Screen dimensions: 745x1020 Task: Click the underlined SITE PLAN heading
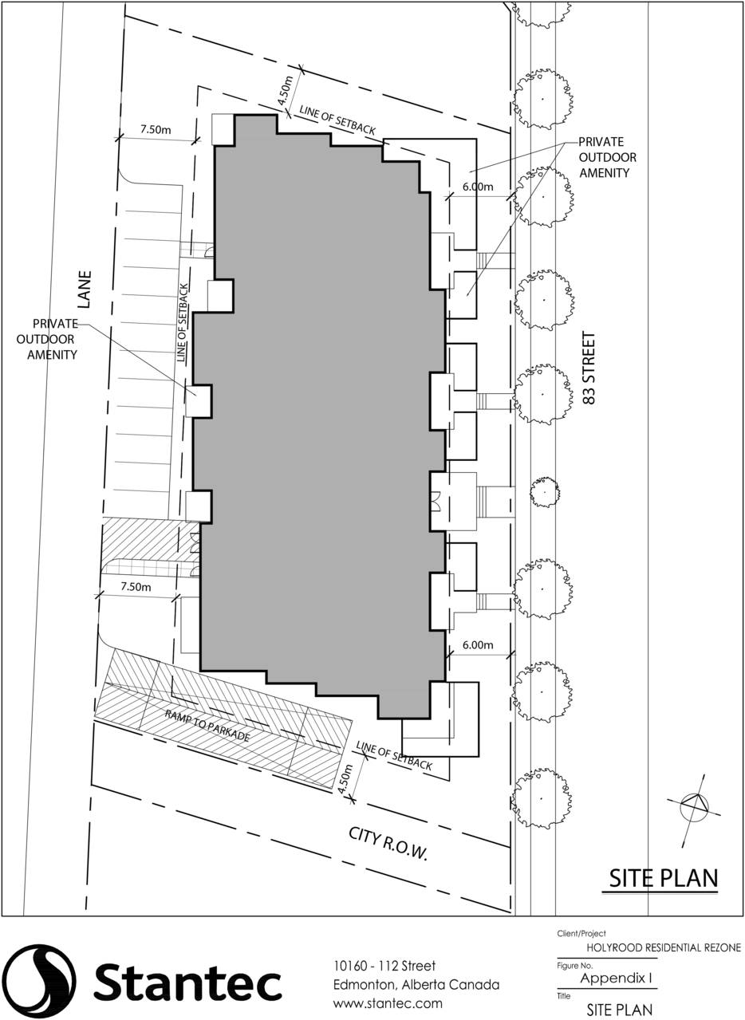click(664, 878)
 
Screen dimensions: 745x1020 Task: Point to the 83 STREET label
click(589, 368)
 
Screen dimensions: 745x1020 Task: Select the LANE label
click(85, 289)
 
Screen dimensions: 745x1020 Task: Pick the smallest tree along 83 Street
click(545, 492)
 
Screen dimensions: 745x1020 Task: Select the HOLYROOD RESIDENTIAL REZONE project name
click(664, 947)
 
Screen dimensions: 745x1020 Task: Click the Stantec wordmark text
click(187, 979)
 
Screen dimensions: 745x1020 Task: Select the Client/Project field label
click(581, 934)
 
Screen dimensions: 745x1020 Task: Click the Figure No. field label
click(574, 966)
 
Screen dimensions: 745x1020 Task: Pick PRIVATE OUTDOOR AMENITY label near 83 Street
click(607, 157)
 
